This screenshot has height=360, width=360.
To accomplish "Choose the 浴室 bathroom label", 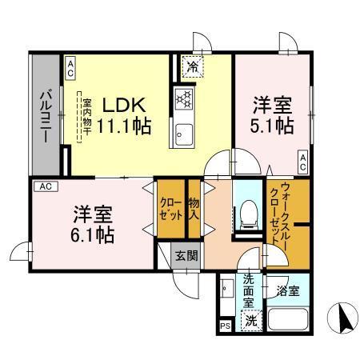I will click(x=289, y=290).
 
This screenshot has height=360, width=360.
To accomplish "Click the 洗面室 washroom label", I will click(x=250, y=293).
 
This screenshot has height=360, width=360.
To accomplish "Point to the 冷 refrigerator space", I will click(x=192, y=65).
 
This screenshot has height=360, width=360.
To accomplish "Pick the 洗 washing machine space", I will click(x=251, y=322).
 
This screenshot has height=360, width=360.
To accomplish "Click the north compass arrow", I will click(x=346, y=320).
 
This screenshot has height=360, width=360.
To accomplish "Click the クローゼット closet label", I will click(x=169, y=210).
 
